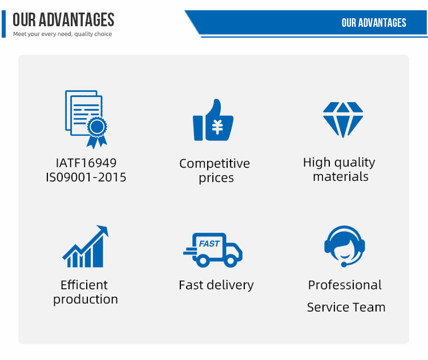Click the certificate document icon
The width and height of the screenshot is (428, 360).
[86, 119]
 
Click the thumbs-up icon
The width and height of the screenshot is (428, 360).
[213, 120]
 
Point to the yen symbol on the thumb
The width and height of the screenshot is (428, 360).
[217, 127]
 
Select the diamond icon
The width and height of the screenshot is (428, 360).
[343, 120]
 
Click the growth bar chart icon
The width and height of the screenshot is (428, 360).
[86, 246]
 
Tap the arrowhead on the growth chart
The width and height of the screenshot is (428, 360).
[103, 230]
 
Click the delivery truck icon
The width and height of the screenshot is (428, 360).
[213, 250]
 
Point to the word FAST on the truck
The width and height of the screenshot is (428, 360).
[209, 244]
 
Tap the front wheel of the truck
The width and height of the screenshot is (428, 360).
[231, 260]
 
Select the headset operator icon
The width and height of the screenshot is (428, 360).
[345, 246]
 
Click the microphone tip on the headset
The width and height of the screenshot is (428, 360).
[344, 265]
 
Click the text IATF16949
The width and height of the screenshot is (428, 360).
[86, 163]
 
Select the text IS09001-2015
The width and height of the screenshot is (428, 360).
[86, 177]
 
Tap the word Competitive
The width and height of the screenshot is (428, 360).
[215, 164]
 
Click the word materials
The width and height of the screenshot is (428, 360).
[341, 177]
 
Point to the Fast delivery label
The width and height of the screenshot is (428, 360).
[216, 285]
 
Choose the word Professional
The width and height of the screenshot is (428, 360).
[345, 285]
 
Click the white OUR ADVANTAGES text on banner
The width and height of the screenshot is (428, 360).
[374, 23]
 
